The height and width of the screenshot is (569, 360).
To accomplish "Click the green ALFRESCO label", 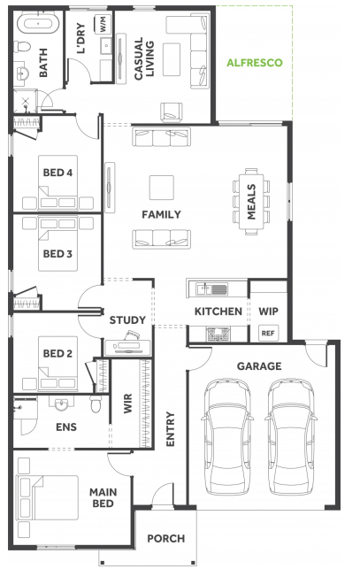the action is coord(255,63).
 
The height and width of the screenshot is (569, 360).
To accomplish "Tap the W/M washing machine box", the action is coord(103,24).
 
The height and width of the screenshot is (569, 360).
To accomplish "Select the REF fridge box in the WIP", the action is coord(268,333).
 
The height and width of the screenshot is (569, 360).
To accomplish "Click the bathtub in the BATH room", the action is coord(38,24).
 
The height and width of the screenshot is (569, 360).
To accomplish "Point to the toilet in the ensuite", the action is coord(96,404).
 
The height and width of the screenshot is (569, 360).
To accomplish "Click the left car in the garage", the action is coord(227,437).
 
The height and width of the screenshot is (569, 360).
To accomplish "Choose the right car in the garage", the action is coord(291,437).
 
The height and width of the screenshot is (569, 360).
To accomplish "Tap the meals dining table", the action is coord(251,202).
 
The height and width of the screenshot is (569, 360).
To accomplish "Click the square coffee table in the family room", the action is coord(162,188).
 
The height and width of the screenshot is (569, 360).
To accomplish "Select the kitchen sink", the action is coord(212,289).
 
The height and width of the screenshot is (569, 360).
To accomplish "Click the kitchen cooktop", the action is coord(218,334).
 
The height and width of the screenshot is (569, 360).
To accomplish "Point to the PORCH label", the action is coord(165,539).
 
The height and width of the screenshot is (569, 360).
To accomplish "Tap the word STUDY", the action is coord(127,320).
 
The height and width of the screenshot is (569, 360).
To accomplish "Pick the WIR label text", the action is coord(127,404).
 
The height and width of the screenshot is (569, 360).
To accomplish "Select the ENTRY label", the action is coord(170,429).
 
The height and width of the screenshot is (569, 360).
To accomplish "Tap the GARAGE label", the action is coord(259,366).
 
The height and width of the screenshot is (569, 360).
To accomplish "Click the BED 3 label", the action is coord(57,254).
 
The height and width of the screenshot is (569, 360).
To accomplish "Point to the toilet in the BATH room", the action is coord(22,47).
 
